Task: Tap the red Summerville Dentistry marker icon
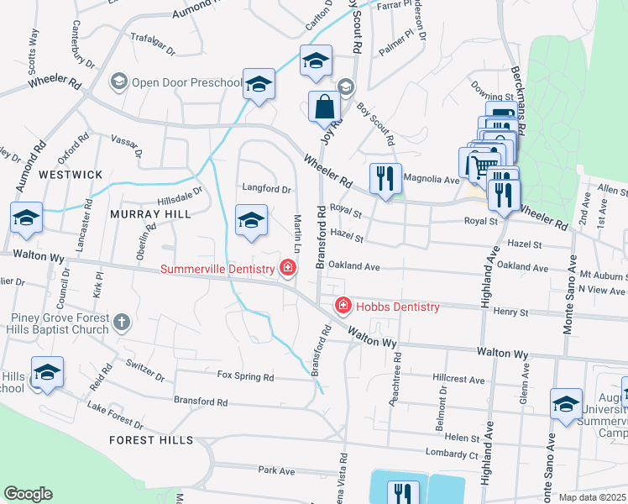click(x=288, y=269)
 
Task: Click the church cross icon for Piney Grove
click(x=122, y=322)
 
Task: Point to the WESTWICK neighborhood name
click(x=71, y=175)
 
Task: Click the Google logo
click(x=28, y=494)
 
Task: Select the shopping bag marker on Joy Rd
click(x=324, y=108)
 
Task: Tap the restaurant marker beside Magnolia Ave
click(x=385, y=179)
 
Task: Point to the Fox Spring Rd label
click(x=245, y=376)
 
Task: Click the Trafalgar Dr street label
click(x=153, y=44)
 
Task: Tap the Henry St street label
click(x=510, y=312)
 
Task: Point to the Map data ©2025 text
click(x=592, y=497)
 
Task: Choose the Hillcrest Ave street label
click(x=459, y=380)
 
